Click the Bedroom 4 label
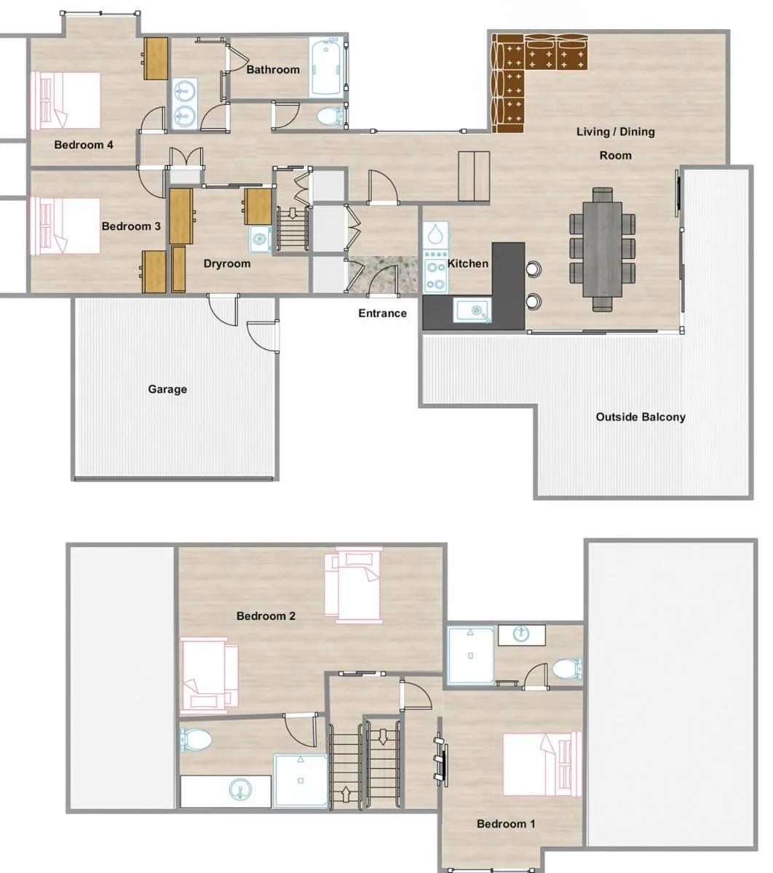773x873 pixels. (x=84, y=145)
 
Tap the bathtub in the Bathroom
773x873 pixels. (x=326, y=68)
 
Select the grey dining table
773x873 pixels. (x=602, y=250)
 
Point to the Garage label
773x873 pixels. (x=167, y=389)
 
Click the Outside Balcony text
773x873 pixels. (x=641, y=417)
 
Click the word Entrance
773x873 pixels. (x=382, y=313)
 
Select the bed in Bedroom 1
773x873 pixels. (x=542, y=764)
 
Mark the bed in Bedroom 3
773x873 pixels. (x=66, y=226)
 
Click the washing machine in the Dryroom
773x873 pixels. (x=259, y=239)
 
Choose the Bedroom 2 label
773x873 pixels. (x=266, y=616)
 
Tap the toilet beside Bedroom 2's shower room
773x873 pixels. (x=196, y=740)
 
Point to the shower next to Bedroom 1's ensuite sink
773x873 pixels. (x=470, y=655)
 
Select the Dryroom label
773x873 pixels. (x=227, y=263)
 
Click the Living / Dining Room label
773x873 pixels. (x=616, y=143)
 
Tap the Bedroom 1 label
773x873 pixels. (x=506, y=824)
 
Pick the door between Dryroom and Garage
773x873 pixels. (x=222, y=309)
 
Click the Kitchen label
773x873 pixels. (x=468, y=263)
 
